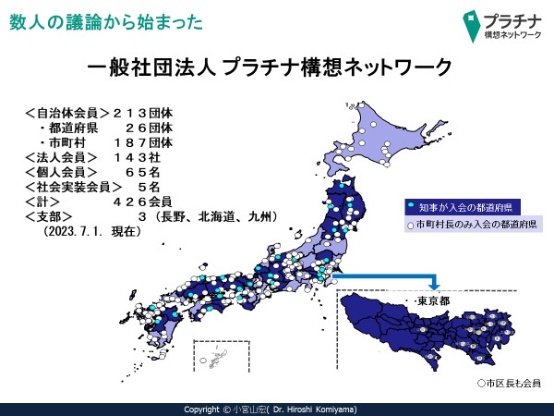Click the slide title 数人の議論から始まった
coord(106,22)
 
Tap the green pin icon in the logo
coord(471,26)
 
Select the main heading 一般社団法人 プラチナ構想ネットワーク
coord(270,67)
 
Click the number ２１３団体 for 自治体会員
coord(143,113)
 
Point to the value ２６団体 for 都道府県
coord(149,128)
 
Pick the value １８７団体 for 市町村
coord(143,142)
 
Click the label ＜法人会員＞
coord(61,157)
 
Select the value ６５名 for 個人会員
coord(143,172)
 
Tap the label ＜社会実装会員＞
coord(74,187)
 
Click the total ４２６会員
coord(143,202)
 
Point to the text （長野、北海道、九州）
coord(216,216)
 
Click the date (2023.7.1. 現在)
coord(92,231)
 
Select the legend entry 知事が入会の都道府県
coord(463,207)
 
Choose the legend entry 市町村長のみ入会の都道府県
coord(474,225)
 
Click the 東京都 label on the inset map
coord(433,301)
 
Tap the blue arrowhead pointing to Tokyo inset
coord(435,285)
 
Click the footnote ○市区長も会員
coord(509,383)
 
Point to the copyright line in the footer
coord(271,410)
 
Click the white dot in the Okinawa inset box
coord(203,361)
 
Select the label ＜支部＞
coord(48,216)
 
